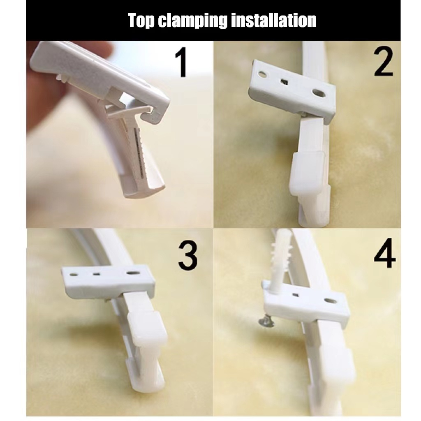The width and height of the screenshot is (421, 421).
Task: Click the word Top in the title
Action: coord(141,21)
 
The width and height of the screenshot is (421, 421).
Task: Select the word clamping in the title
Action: coord(192,21)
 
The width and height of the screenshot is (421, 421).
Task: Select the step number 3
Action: coord(187,255)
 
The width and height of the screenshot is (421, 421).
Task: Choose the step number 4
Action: coord(384,253)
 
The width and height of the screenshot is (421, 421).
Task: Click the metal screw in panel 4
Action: coord(266,321)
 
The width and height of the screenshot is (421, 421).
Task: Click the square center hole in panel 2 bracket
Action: coord(284,82)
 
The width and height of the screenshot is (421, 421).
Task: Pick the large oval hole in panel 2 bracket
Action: coord(319,93)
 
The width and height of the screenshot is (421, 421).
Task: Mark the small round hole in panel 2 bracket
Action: coord(263,74)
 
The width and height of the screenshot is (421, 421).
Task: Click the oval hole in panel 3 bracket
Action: coord(133,273)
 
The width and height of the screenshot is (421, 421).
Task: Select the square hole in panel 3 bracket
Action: coord(97,274)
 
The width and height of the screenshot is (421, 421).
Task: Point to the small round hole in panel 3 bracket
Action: coord(74,275)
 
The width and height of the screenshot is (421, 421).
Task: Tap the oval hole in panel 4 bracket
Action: coord(331,301)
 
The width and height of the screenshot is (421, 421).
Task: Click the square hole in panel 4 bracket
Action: coord(296,295)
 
